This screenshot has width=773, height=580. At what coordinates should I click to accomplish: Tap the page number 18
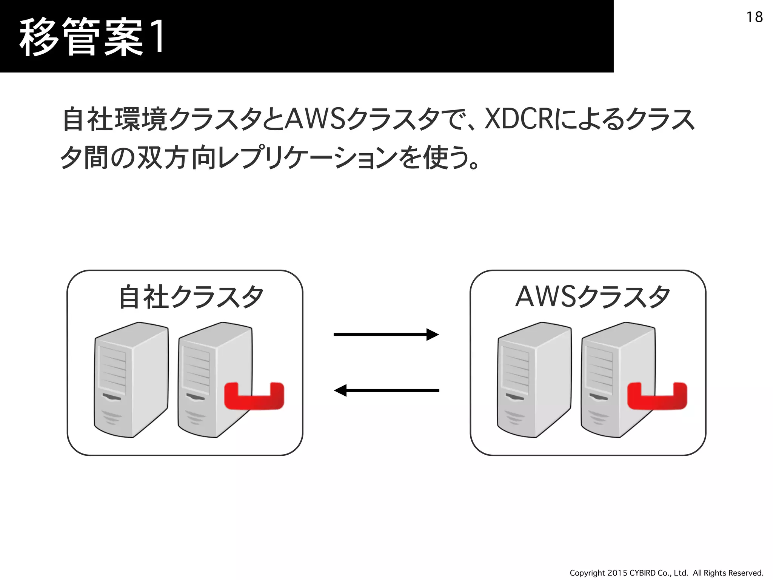coord(754,17)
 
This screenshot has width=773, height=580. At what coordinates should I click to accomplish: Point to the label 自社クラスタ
coord(191,297)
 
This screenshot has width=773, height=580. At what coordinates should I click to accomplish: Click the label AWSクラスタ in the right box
coord(593,297)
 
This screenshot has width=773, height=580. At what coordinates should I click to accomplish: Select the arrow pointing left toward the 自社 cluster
coord(387,390)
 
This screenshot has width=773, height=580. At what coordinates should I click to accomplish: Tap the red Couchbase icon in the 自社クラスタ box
coord(254,396)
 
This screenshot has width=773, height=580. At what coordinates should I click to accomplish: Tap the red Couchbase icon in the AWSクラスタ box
coord(657,396)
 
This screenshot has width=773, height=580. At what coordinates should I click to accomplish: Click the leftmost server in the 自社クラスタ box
coord(131,379)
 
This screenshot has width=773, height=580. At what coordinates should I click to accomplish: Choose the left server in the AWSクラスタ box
coord(534,379)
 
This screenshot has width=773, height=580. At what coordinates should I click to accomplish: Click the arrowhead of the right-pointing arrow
coord(433,335)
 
